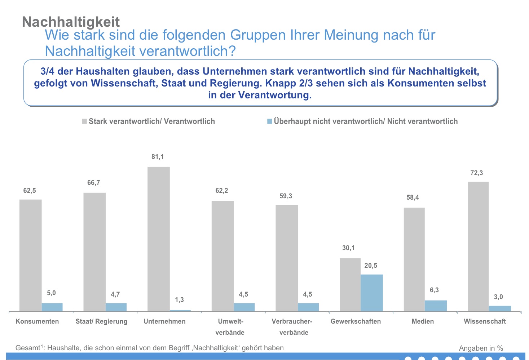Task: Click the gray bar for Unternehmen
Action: (x=158, y=239)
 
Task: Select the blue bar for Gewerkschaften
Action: (x=371, y=293)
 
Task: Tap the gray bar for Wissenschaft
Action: (x=478, y=246)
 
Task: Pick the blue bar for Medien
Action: (x=436, y=306)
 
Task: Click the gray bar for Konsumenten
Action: (x=30, y=255)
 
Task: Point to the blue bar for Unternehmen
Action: (x=180, y=310)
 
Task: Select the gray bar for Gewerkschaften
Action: (x=350, y=284)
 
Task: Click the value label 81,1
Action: (x=158, y=157)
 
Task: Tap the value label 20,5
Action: (x=371, y=266)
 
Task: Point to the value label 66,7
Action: (x=93, y=183)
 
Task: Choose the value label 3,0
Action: (x=498, y=297)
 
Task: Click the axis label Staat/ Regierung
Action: (x=101, y=321)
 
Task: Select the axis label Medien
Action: (x=423, y=321)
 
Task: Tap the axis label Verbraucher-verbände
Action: (x=294, y=327)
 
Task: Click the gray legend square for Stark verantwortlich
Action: (x=84, y=121)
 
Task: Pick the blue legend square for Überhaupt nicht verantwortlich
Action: (x=269, y=121)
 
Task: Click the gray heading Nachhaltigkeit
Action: (x=71, y=22)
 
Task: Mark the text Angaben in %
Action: (x=481, y=348)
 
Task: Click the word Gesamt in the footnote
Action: (x=27, y=348)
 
